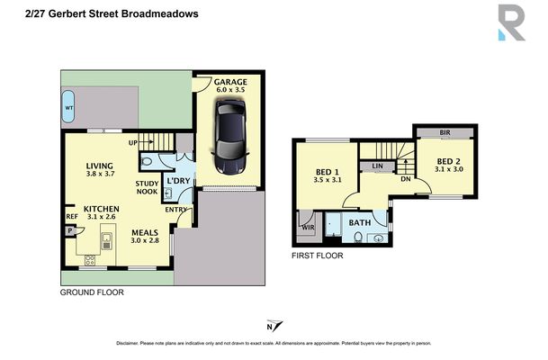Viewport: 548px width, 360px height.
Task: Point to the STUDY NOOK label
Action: click(x=148, y=187)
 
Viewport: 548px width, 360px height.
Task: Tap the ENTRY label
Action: click(x=175, y=210)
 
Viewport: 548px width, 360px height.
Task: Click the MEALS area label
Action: click(x=145, y=230)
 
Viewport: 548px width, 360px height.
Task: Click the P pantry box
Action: click(x=69, y=230)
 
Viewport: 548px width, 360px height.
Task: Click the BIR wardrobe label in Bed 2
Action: click(x=445, y=132)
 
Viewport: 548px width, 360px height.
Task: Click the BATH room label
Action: click(x=359, y=222)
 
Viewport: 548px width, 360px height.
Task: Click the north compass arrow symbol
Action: click(x=273, y=327)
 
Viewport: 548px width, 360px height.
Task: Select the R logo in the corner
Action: click(x=510, y=22)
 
